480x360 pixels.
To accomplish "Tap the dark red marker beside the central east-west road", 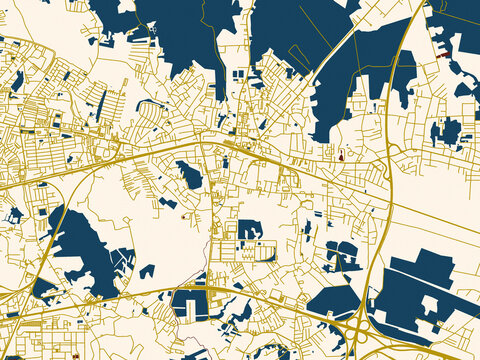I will tap(342, 155).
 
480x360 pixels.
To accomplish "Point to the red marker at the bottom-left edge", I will tap(78, 354).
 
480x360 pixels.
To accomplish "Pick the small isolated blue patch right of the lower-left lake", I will tap(147, 271).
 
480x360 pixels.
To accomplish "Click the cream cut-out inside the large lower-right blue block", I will tap(430, 305).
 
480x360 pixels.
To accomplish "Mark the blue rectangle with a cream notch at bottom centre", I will tap(189, 303).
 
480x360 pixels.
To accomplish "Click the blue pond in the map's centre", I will tap(189, 178).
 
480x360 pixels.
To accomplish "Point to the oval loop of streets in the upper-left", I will tap(150, 110).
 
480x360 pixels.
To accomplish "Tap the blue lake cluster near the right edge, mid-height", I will tap(446, 131).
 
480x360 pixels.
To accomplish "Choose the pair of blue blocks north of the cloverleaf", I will tap(342, 255).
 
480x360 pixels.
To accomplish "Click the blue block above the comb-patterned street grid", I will tap(249, 229).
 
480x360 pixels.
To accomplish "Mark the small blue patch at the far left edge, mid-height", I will tap(14, 214).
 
